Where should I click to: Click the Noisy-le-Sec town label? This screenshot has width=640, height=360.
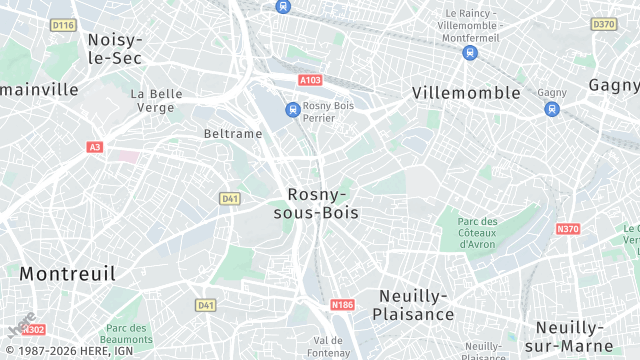pyautogui.click(x=115, y=49)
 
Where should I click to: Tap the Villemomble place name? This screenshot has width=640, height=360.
pyautogui.click(x=466, y=93)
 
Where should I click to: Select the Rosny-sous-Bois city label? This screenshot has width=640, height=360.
pyautogui.click(x=316, y=203)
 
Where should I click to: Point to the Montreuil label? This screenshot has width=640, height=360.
pyautogui.click(x=67, y=273)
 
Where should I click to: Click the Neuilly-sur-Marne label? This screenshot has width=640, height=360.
pyautogui.click(x=583, y=337)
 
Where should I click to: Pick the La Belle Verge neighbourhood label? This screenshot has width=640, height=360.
pyautogui.click(x=156, y=100)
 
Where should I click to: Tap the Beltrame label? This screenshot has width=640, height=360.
pyautogui.click(x=232, y=133)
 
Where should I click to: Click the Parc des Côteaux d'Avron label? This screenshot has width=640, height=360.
pyautogui.click(x=477, y=233)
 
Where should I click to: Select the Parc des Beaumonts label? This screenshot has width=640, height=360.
pyautogui.click(x=127, y=335)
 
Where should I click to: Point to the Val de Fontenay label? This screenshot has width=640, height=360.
pyautogui.click(x=328, y=346)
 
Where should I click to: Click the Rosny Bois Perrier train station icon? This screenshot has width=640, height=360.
pyautogui.click(x=293, y=109)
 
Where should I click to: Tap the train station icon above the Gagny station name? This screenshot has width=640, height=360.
pyautogui.click(x=552, y=108)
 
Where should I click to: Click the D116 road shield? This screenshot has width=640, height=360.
pyautogui.click(x=63, y=24)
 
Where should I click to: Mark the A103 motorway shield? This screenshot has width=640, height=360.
pyautogui.click(x=309, y=79)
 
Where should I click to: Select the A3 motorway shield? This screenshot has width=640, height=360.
pyautogui.click(x=95, y=147)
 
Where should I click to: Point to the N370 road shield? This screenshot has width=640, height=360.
pyautogui.click(x=567, y=229)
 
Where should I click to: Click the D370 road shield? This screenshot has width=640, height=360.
pyautogui.click(x=603, y=24)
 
